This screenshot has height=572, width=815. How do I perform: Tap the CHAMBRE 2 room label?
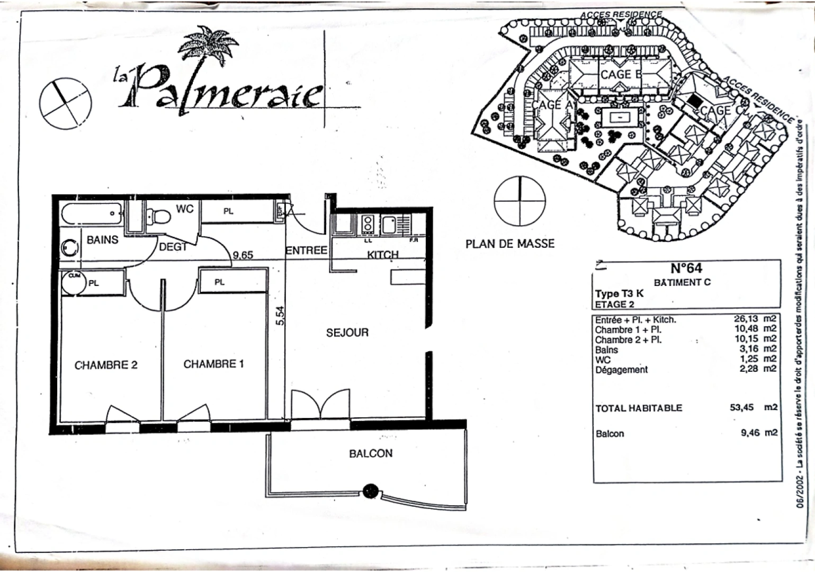pyautogui.click(x=106, y=365)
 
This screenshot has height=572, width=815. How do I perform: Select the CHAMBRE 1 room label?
pyautogui.click(x=213, y=364)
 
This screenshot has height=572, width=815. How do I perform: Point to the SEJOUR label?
pyautogui.click(x=347, y=333)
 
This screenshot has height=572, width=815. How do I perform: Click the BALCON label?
pyautogui.click(x=371, y=453)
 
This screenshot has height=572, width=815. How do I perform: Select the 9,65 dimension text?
pyautogui.click(x=243, y=255)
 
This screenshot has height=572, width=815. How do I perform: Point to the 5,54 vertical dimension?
pyautogui.click(x=280, y=316)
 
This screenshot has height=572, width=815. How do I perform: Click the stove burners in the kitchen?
pyautogui.click(x=367, y=224)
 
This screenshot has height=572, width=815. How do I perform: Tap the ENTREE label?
pyautogui.click(x=306, y=250)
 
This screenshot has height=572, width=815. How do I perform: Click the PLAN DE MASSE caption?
pyautogui.click(x=510, y=244)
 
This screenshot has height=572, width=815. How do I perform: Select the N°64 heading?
pyautogui.click(x=686, y=268)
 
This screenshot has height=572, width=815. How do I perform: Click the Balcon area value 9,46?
pyautogui.click(x=750, y=433)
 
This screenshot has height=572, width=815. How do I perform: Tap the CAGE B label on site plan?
pyautogui.click(x=621, y=75)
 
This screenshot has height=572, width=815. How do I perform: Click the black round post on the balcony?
pyautogui.click(x=370, y=489)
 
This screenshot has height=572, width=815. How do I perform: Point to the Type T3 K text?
pyautogui.click(x=619, y=294)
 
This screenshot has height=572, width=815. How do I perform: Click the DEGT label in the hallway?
pyautogui.click(x=173, y=247)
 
